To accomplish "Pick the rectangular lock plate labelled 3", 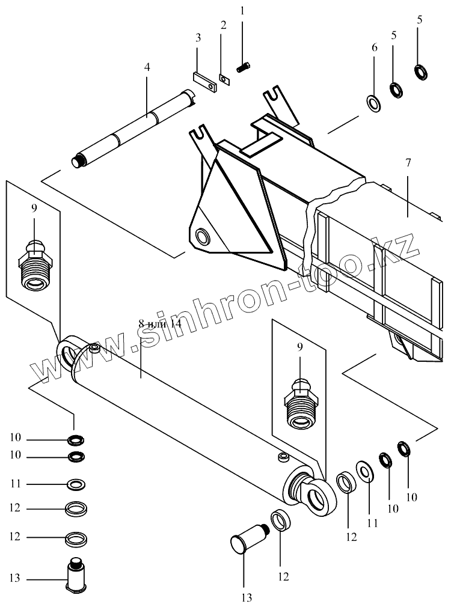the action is [x=204, y=82].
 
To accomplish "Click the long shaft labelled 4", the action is [x=136, y=127].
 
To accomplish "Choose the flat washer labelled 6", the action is [x=372, y=103].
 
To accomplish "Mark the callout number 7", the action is [x=408, y=163].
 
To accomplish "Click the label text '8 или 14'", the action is [x=160, y=324].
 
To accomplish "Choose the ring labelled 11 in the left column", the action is [x=75, y=484].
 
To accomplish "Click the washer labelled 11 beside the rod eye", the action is [x=364, y=472].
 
